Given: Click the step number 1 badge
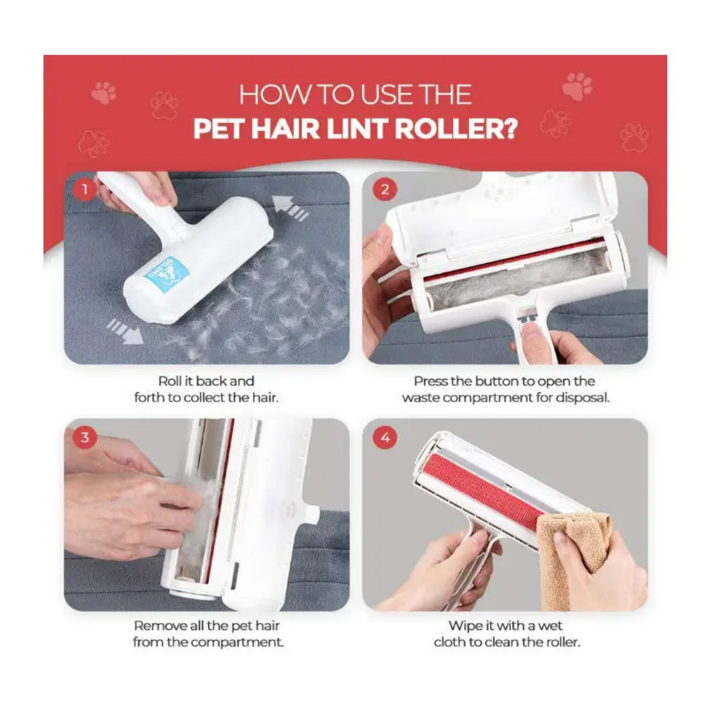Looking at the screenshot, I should click(84, 190).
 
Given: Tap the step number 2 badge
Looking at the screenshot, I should click(384, 190).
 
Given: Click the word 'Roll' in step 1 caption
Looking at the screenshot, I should click(169, 381).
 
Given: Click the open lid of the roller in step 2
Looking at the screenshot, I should click(505, 210).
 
